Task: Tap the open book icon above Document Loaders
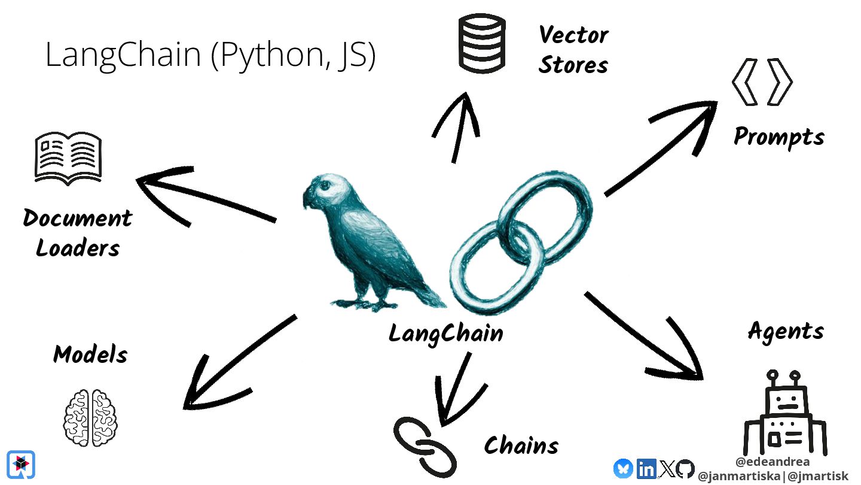coord(68,157)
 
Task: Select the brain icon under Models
coord(90,417)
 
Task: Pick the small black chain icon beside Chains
coord(425,446)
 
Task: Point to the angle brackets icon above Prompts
coord(762,83)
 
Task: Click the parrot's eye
coord(325,186)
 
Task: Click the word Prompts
coord(778,137)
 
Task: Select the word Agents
coord(786,331)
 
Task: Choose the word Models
coord(90,354)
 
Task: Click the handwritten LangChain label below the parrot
coord(445,333)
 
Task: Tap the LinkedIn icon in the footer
coord(646,469)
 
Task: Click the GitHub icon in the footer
coord(685,469)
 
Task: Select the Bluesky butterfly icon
coord(623,468)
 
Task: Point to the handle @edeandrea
coord(773,462)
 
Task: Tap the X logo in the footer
coord(666,469)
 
